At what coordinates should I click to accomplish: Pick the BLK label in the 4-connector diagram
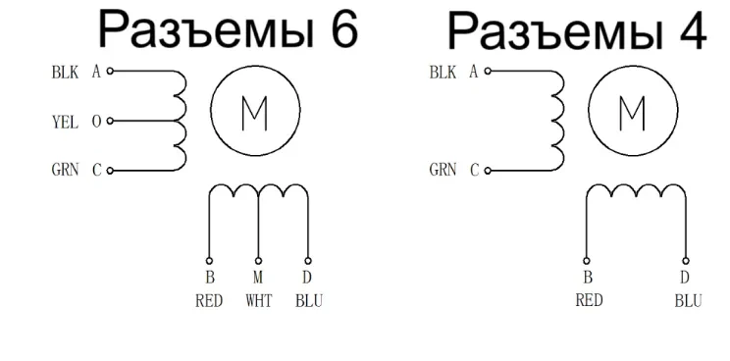pyautogui.click(x=443, y=73)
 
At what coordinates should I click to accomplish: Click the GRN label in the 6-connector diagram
pyautogui.click(x=65, y=170)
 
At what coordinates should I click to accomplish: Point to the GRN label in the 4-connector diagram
pyautogui.click(x=443, y=170)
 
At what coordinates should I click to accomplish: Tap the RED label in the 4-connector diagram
pyautogui.click(x=588, y=300)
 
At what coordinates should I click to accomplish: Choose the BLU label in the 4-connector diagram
pyautogui.click(x=687, y=300)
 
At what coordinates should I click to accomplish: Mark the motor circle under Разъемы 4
pyautogui.click(x=630, y=114)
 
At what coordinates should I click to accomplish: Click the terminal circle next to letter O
pyautogui.click(x=110, y=123)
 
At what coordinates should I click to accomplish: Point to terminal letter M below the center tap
pyautogui.click(x=259, y=278)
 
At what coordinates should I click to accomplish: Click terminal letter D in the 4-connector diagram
pyautogui.click(x=685, y=278)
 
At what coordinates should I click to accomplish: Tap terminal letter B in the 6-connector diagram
pyautogui.click(x=209, y=278)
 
